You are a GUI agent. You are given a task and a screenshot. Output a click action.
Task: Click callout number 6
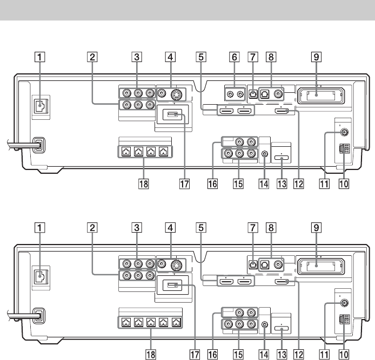pos(233,56)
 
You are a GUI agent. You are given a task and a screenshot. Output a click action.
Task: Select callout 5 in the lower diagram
pos(201,222)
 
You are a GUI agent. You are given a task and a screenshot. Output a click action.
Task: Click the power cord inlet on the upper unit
pos(37,146)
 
